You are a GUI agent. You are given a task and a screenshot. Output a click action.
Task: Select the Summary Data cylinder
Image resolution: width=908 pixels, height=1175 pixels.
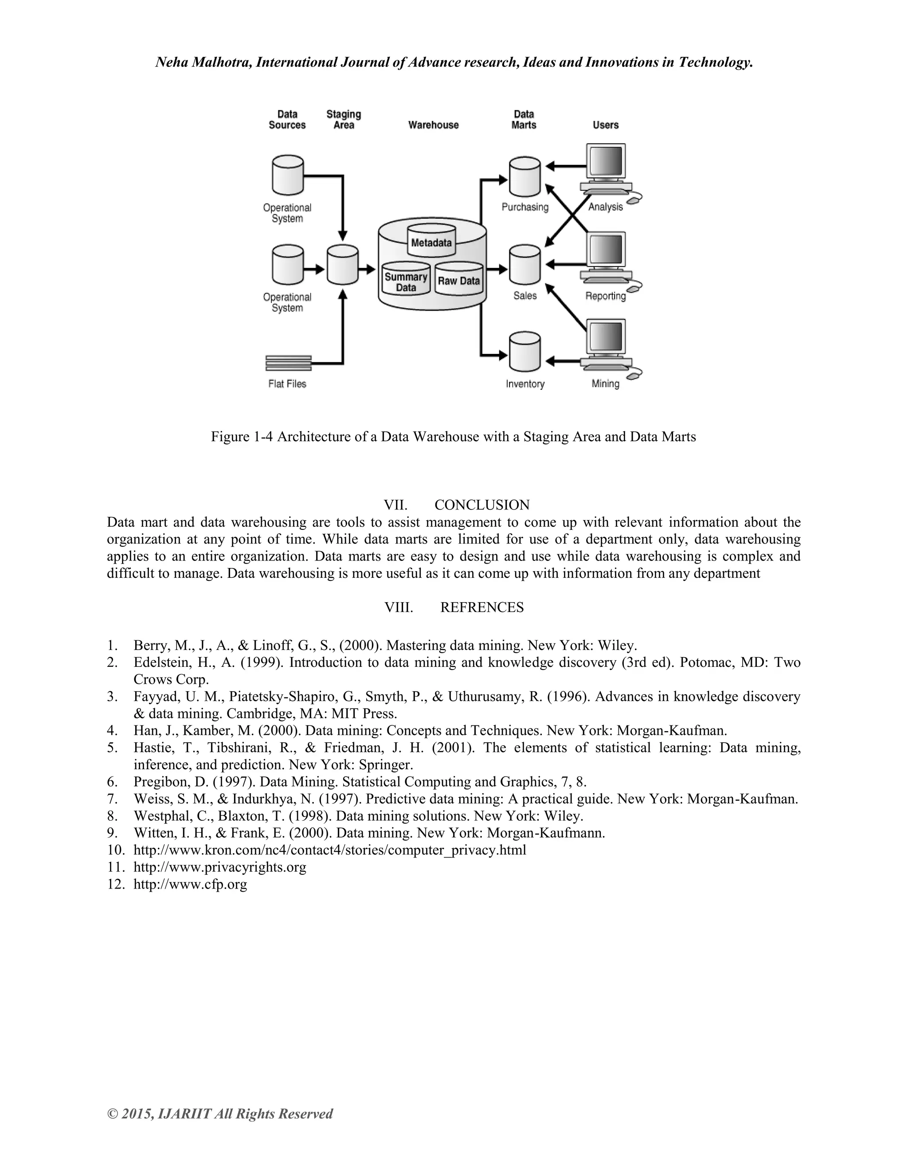(x=406, y=280)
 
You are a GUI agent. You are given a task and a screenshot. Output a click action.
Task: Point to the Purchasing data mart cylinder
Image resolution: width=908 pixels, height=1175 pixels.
(x=524, y=177)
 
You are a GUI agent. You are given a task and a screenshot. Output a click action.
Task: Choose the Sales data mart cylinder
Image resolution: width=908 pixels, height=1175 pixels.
(x=524, y=265)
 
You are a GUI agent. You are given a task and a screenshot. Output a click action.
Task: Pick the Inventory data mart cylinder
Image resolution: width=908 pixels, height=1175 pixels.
(x=524, y=352)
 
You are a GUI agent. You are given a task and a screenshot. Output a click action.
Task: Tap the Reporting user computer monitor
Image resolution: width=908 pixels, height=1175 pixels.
(x=606, y=250)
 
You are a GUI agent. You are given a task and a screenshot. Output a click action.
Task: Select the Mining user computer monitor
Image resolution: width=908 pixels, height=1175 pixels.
(x=606, y=337)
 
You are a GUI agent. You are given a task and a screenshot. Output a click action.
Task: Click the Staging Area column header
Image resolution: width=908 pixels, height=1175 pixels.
(x=344, y=119)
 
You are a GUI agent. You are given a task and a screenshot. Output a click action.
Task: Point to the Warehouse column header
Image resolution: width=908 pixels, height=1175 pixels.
(x=433, y=125)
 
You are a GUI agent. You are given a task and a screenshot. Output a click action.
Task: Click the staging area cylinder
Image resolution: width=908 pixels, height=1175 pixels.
(x=343, y=265)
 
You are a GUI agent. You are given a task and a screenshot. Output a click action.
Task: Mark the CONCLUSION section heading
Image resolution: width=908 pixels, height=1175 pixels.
(x=482, y=505)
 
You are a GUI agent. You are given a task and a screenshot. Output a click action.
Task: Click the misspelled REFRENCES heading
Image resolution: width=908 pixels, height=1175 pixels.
(x=482, y=607)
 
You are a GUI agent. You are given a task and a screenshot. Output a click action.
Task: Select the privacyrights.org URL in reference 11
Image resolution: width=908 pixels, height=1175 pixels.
(x=220, y=867)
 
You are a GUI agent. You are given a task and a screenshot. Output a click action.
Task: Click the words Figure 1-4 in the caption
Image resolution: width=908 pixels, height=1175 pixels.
(x=242, y=436)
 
